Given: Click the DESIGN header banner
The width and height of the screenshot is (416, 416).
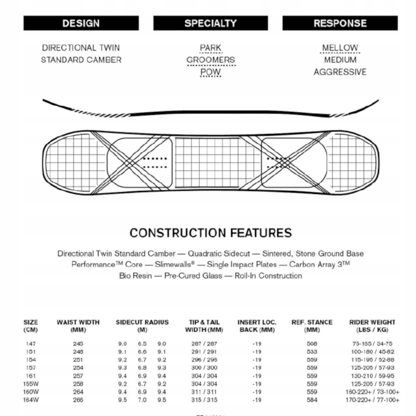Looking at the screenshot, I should coord(81,23).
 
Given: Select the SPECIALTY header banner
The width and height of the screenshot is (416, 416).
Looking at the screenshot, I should coord(210,23).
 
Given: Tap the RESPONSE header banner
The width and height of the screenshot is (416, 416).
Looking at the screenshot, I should coord(340,23).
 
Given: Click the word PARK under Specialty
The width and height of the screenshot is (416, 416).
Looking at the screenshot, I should coord(210,48).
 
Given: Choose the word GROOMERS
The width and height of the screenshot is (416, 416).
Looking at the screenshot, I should coord(210,60).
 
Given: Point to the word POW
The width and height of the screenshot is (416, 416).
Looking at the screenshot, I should coord(210,72).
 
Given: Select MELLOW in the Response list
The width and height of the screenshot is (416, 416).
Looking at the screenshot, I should coord(340,48).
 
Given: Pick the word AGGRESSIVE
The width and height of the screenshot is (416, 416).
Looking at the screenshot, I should coord(340,72).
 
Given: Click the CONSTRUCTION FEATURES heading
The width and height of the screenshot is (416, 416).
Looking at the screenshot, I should coord(210,233).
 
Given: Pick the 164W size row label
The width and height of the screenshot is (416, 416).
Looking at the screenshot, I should coord(31,400).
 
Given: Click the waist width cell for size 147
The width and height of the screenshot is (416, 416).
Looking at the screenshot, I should coord(78,344).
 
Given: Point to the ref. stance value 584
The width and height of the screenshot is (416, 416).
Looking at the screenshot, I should coord(312,400).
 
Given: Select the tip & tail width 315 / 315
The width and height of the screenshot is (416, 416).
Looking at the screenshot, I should coord(204,400).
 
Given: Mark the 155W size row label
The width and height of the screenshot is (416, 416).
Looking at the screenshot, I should coord(31,384).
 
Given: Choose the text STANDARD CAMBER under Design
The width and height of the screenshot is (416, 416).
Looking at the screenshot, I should coord(81,60).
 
